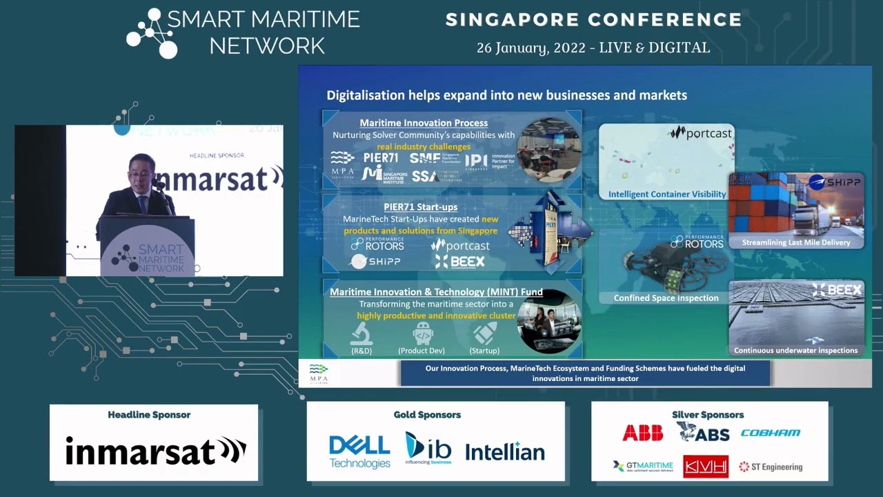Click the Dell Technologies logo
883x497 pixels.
point(359,451)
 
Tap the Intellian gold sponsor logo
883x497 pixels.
point(505,452)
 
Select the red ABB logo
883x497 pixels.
point(642,433)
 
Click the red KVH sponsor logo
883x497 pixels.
point(706,467)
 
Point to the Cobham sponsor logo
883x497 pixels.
point(770,433)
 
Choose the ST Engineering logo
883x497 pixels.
point(771,467)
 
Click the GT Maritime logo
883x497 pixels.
point(642,467)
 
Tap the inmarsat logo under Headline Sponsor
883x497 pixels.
point(155,451)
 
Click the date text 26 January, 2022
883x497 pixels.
point(535,48)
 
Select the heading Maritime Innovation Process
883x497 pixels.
point(424,123)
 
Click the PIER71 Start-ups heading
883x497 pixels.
point(420,206)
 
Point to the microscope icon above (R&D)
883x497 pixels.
point(361,334)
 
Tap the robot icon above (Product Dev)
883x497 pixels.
point(422,334)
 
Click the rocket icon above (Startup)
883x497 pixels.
point(484,334)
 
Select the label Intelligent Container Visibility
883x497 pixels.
point(666,195)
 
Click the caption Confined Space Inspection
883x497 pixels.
point(666,298)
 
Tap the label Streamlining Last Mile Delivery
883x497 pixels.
point(795,242)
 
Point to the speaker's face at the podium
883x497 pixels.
point(141,173)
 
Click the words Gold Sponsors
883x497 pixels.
point(427,415)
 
